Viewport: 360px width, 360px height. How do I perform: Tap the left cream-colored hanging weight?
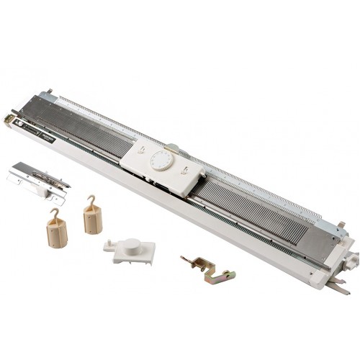pos(56,232)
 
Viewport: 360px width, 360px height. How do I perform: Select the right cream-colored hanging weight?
pos(93,216)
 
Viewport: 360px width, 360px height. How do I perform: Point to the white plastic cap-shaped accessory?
pos(130,250)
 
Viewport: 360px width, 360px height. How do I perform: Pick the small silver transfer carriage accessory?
pos(39,176)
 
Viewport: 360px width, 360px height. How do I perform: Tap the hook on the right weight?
pos(91,199)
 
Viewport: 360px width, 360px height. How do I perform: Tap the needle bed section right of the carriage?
pos(259,209)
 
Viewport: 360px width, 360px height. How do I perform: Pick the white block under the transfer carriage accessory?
pos(55,196)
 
